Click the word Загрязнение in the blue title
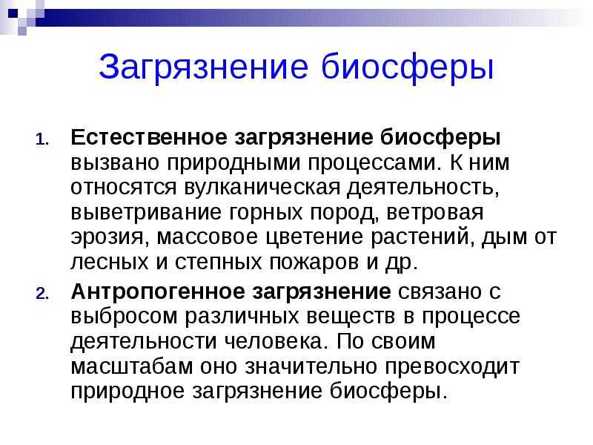(203, 67)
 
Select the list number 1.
(42, 140)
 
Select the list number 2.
(42, 294)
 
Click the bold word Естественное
(149, 137)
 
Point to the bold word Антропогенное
(158, 291)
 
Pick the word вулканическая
(262, 188)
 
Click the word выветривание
(146, 212)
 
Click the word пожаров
(314, 263)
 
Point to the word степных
(218, 263)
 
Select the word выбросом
(124, 317)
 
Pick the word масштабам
(132, 366)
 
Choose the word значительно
(311, 366)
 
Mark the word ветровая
(435, 212)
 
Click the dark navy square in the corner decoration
(13, 13)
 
